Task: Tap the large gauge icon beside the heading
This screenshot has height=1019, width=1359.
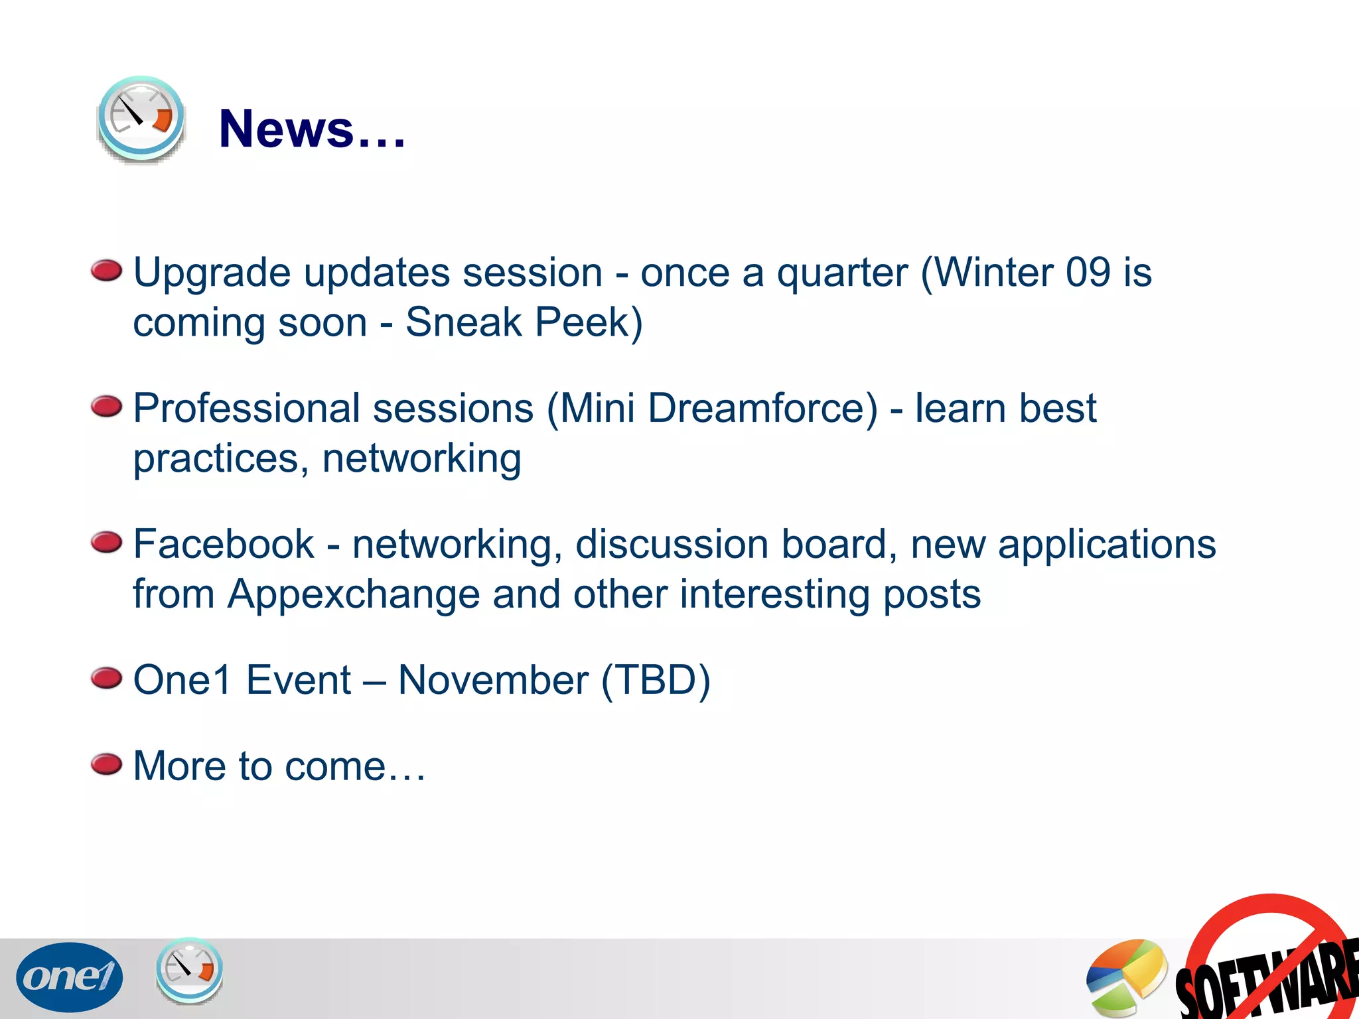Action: coord(141,119)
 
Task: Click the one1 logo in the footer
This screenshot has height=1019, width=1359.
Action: coord(69,977)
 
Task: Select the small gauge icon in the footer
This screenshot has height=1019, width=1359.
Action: coord(189,970)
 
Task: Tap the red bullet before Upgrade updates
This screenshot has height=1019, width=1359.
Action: coord(107,271)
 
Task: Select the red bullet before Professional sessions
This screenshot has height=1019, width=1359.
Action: coord(107,407)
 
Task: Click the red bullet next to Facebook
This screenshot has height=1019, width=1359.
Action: coord(107,543)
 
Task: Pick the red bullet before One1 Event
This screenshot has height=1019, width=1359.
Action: coord(107,679)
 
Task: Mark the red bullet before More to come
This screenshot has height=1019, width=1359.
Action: coord(107,764)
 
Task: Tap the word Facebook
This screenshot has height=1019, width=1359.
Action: coord(224,544)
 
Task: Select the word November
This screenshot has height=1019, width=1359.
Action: coord(493,680)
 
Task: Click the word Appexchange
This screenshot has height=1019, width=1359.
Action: coord(354,595)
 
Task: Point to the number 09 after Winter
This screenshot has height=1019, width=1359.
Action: coord(1088,273)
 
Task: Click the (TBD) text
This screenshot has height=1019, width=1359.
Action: coord(656,681)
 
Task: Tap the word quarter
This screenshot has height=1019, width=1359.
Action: coord(842,274)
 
